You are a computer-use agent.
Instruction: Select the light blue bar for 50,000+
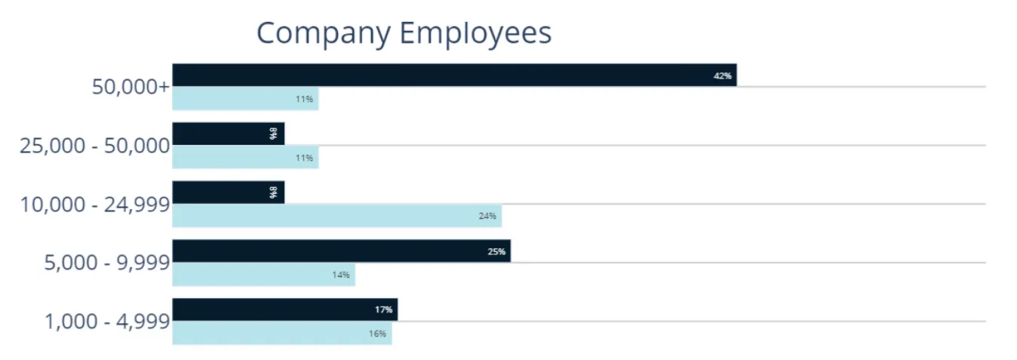pyautogui.click(x=245, y=99)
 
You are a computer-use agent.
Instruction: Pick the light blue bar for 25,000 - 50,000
pyautogui.click(x=245, y=158)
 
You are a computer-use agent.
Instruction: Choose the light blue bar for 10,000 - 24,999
pyautogui.click(x=336, y=216)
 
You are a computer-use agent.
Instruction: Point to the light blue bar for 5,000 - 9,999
pyautogui.click(x=263, y=275)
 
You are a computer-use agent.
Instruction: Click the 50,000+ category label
pyautogui.click(x=131, y=87)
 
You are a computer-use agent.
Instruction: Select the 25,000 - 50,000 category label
pyautogui.click(x=95, y=145)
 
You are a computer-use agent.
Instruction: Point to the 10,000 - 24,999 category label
pyautogui.click(x=95, y=204)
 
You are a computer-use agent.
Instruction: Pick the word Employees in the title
pyautogui.click(x=475, y=34)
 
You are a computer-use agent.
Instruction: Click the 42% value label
pyautogui.click(x=722, y=75)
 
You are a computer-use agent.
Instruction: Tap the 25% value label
pyautogui.click(x=496, y=251)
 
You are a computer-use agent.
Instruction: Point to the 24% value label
pyautogui.click(x=487, y=216)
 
